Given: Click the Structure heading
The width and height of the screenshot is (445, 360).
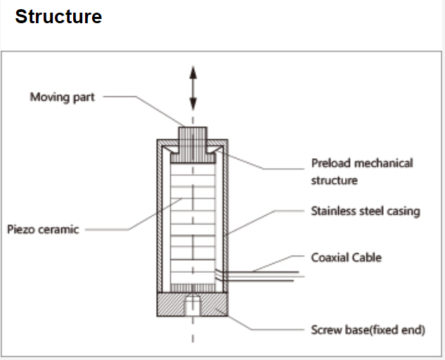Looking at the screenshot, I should [58, 17].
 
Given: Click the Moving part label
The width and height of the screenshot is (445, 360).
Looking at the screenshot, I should [62, 97].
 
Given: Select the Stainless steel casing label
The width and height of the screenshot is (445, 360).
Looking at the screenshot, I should [365, 211].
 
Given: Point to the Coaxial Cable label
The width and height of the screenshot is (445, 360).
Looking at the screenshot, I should [347, 257].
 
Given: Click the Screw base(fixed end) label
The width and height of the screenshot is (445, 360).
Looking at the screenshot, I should [368, 329].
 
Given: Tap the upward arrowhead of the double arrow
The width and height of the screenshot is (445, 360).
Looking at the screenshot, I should [193, 72].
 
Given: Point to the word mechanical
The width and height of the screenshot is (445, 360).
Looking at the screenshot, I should [384, 163].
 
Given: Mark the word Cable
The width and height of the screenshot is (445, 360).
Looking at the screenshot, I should [366, 257].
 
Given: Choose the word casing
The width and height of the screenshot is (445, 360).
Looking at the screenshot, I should [401, 211].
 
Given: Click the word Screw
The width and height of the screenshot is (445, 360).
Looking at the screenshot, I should [326, 329].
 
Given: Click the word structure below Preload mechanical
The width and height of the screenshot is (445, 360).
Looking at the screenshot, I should [335, 181].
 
